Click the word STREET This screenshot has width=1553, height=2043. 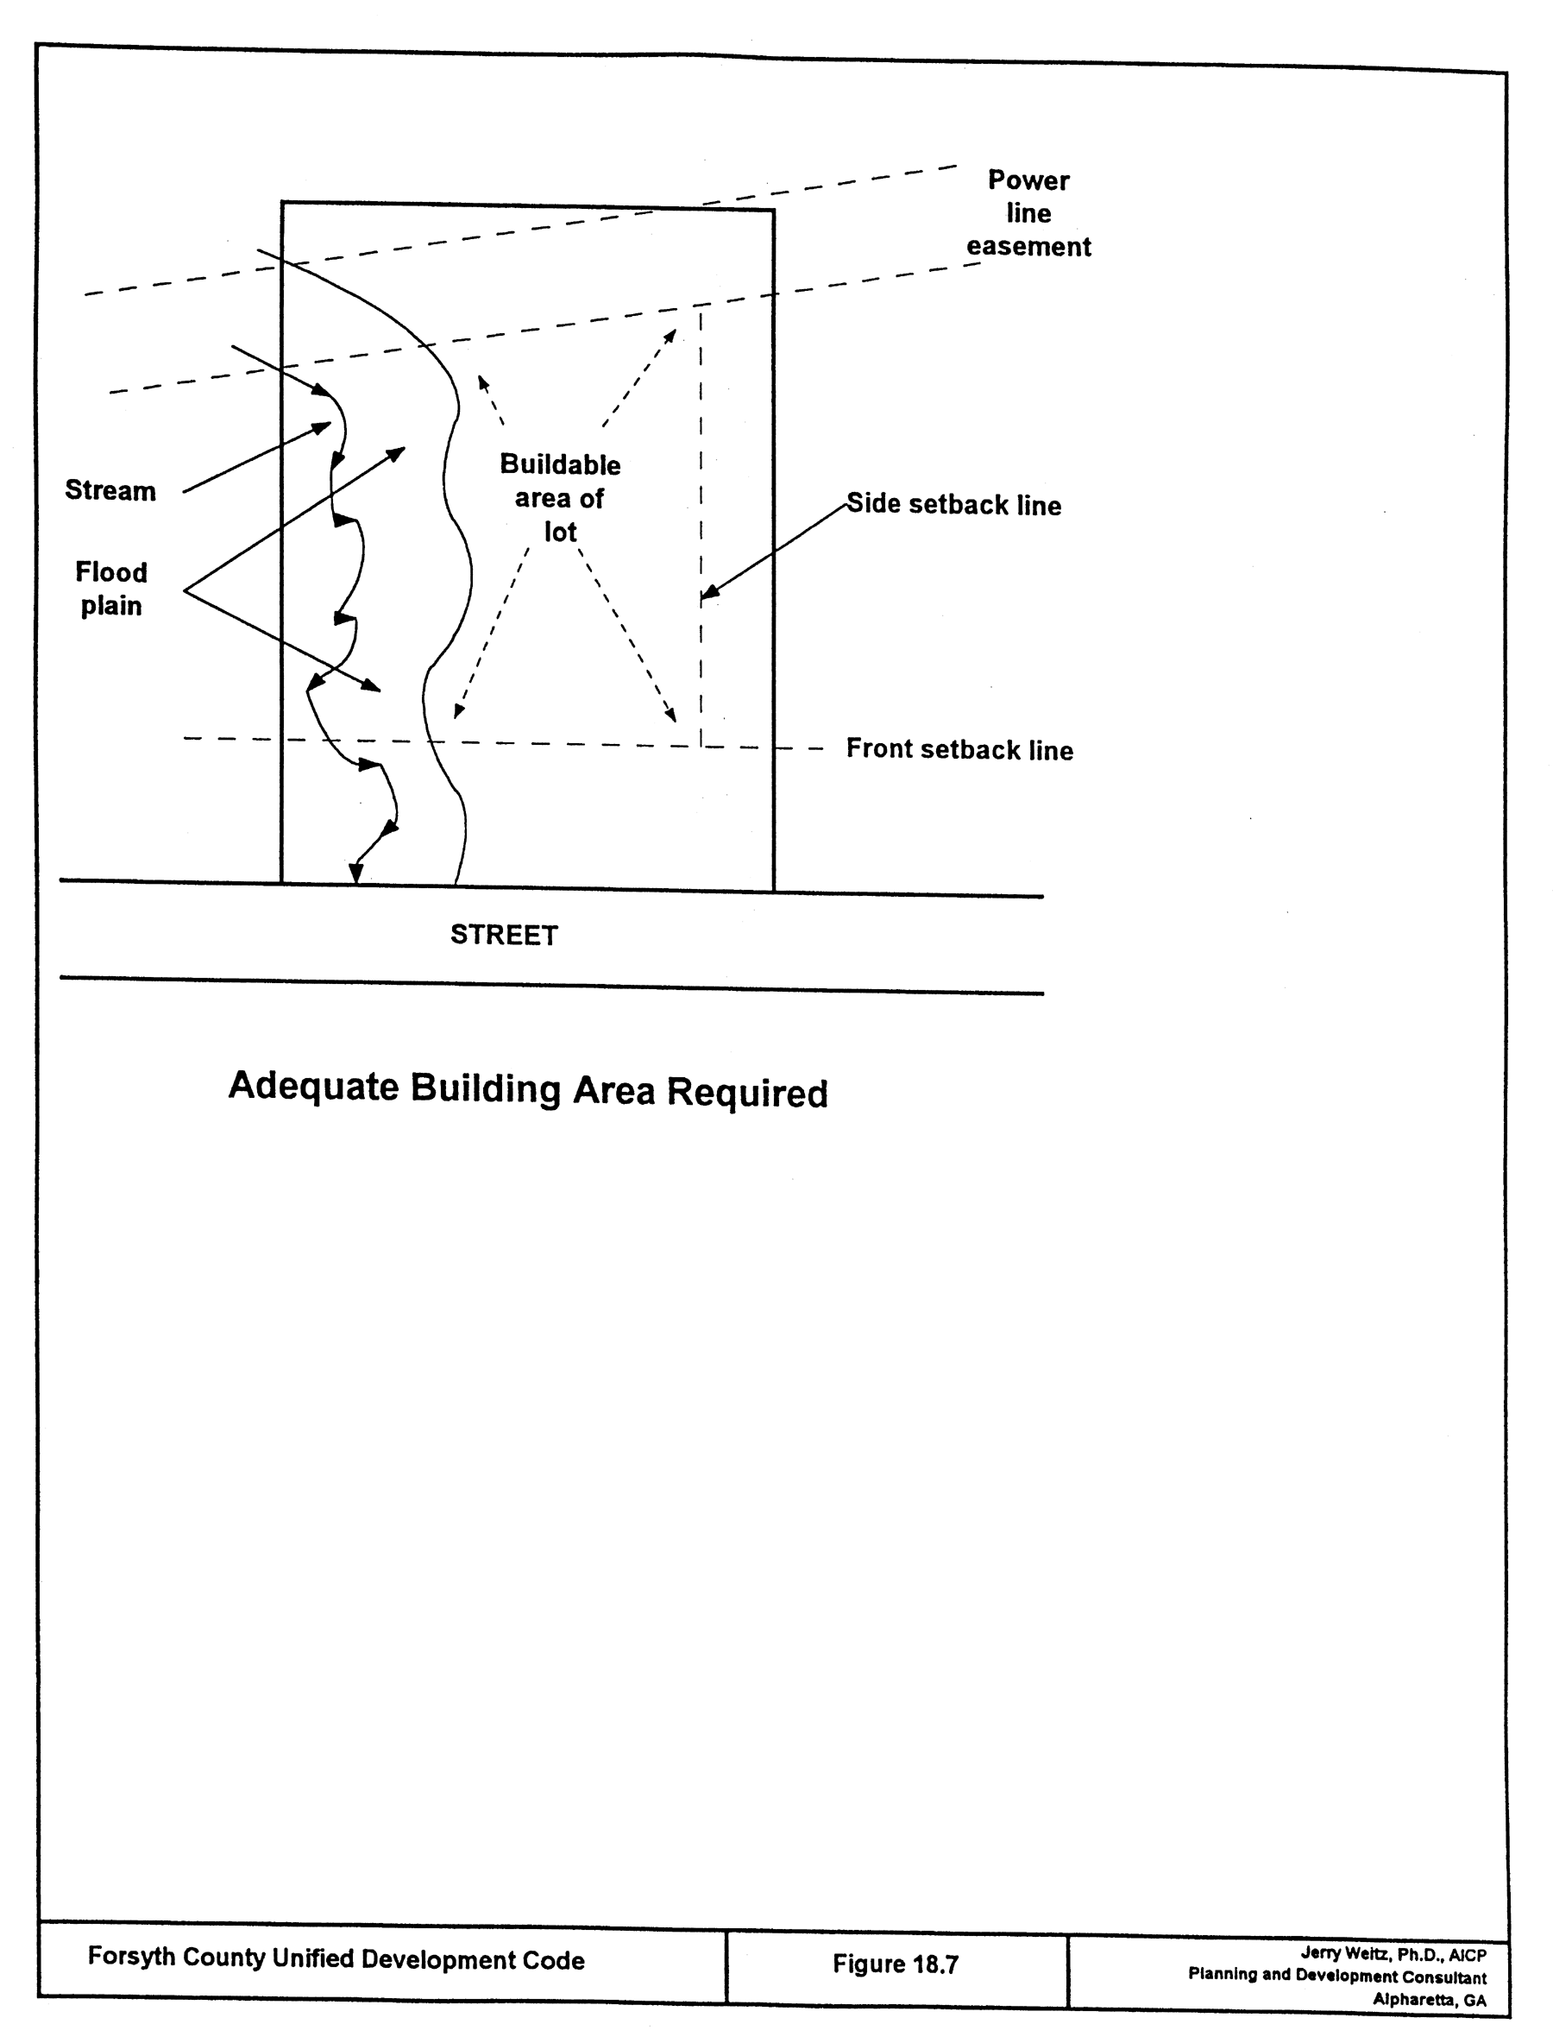(504, 935)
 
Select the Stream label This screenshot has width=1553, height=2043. (110, 490)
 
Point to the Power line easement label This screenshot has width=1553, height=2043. (1028, 214)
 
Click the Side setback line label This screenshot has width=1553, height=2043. (953, 505)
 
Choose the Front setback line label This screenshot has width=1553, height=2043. (959, 749)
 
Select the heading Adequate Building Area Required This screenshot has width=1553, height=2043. (528, 1089)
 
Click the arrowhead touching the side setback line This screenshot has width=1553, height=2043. (709, 593)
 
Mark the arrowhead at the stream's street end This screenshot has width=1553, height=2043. (355, 871)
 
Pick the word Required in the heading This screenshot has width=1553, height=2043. (747, 1094)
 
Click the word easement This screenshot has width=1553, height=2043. (1028, 247)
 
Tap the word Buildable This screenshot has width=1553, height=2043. (559, 464)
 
